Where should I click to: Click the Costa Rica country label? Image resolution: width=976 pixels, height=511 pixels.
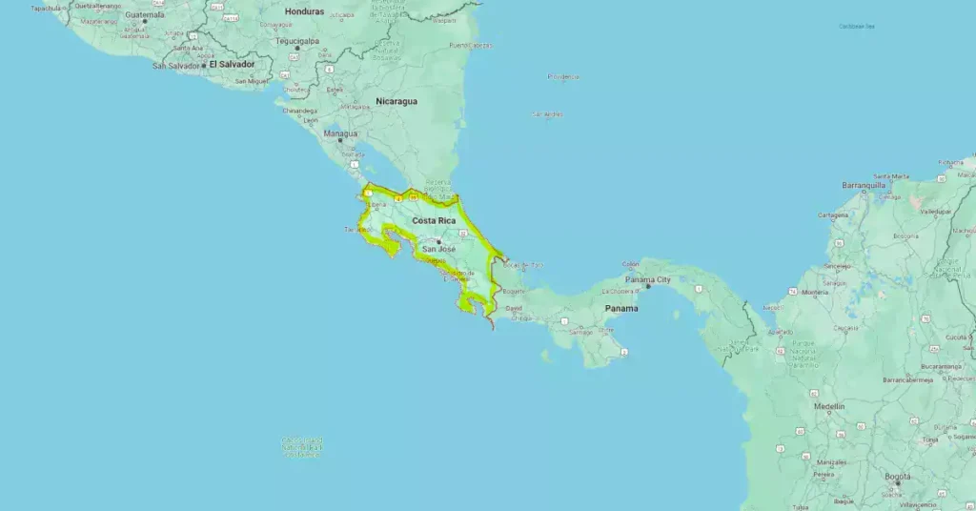[x=434, y=221]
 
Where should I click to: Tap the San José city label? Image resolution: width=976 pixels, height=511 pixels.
[x=439, y=249]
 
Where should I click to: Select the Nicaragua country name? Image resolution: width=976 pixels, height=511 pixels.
[x=396, y=101]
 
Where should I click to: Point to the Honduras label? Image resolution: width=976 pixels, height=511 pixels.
[x=305, y=11]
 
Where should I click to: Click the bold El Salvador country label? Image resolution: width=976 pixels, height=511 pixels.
[x=232, y=64]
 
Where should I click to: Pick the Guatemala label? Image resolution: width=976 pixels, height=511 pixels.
[x=145, y=15]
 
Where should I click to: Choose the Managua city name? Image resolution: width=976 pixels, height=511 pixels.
[x=339, y=133]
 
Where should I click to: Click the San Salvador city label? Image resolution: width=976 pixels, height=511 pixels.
[x=176, y=66]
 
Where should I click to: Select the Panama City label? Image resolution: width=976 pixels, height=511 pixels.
[x=648, y=280]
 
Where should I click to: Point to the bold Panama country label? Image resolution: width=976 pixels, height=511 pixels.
[x=621, y=308]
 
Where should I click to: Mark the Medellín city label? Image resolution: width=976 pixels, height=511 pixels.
[x=829, y=406]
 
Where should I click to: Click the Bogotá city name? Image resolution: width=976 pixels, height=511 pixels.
[x=898, y=476]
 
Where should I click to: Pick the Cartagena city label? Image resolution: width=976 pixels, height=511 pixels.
[x=832, y=215]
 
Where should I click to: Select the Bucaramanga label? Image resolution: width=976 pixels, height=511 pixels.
[x=939, y=365]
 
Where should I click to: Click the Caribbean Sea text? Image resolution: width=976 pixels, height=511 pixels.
[x=857, y=27]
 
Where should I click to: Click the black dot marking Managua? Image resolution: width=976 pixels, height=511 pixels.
[x=338, y=141]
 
